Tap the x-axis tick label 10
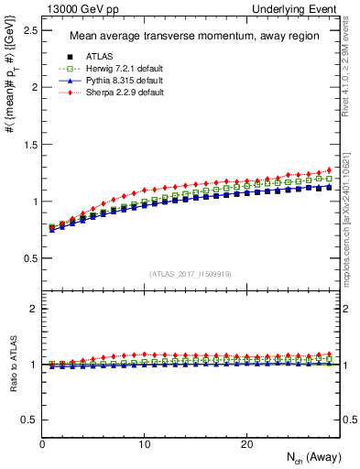coord(145,444)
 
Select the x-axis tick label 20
coord(246,444)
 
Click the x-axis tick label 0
coord(43,444)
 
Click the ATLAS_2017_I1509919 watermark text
coord(191,274)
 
